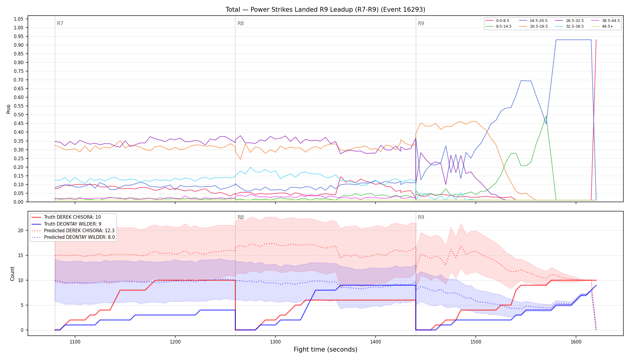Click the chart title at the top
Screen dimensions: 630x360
(x=325, y=10)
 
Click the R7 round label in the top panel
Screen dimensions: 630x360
(x=60, y=23)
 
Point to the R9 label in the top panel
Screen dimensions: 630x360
(x=421, y=23)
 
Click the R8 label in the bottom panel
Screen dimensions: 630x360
(x=241, y=217)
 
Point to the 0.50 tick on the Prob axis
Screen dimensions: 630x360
(x=18, y=115)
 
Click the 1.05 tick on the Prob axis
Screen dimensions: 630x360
(x=18, y=19)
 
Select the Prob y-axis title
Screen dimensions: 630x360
(x=8, y=109)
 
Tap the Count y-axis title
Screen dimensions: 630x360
(x=12, y=274)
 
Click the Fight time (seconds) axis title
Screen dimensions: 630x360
(x=325, y=349)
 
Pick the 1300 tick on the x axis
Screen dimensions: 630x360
(x=275, y=341)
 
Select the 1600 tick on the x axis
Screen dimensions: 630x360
(x=576, y=341)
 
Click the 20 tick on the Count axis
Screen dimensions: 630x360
(x=20, y=231)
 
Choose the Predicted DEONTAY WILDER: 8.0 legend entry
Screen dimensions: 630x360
(x=73, y=237)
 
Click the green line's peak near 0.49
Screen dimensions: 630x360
(x=546, y=116)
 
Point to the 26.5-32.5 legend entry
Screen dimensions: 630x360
(x=569, y=21)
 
